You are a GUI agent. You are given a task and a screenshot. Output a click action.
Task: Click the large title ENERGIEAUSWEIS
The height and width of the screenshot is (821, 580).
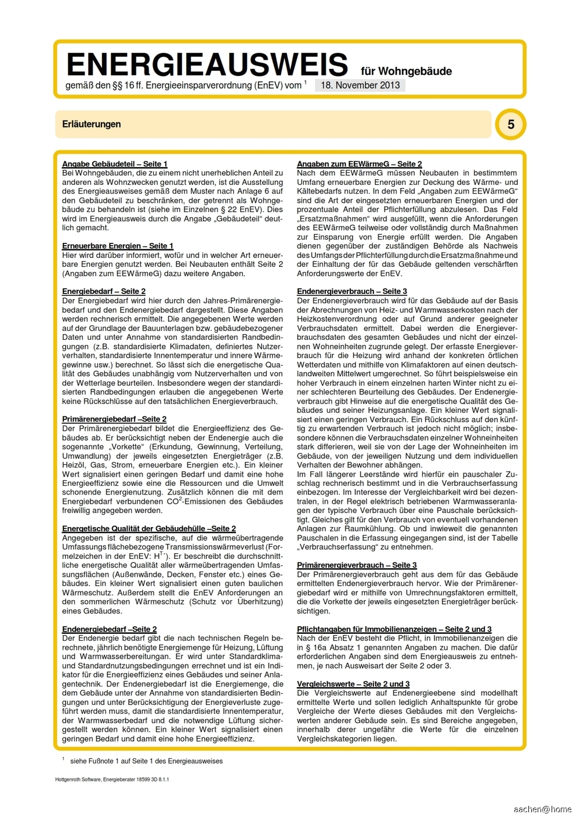click(x=207, y=64)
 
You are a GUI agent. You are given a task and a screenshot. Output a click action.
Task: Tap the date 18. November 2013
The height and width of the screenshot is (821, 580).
click(x=360, y=85)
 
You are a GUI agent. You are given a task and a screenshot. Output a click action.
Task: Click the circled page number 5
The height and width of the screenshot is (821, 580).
click(x=510, y=124)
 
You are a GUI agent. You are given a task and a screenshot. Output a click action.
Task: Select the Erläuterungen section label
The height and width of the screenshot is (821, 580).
click(x=92, y=124)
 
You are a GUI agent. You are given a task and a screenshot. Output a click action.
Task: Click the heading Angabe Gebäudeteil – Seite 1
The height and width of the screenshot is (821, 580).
click(x=115, y=164)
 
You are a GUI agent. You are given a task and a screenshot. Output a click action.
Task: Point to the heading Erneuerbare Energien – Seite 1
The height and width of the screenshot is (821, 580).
click(x=118, y=246)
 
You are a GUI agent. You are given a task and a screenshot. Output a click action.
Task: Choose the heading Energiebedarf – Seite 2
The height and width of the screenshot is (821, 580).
click(x=104, y=291)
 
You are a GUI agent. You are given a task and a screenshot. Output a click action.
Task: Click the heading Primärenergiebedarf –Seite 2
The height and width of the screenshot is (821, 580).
click(x=114, y=419)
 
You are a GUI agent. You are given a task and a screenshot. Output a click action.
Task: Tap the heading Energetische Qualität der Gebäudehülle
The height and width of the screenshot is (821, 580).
click(x=149, y=528)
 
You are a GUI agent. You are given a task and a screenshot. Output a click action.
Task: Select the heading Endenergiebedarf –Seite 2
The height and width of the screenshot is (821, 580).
click(x=110, y=629)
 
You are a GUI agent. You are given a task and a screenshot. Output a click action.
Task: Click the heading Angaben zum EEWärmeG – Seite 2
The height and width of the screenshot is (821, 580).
click(x=360, y=164)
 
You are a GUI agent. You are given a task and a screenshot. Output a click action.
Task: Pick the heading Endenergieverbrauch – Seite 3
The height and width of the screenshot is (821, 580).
click(x=352, y=291)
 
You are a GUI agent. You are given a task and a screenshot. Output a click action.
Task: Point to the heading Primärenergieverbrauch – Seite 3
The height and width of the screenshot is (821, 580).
click(x=357, y=565)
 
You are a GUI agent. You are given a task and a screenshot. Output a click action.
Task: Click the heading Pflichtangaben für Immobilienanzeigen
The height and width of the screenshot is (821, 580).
click(x=394, y=629)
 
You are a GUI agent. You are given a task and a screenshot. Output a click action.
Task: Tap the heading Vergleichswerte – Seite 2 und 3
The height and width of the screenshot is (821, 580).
click(x=353, y=684)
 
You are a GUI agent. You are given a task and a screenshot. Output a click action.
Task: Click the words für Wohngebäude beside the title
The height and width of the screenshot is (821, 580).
click(x=406, y=71)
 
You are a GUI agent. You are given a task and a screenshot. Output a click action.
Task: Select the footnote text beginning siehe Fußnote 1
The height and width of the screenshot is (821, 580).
click(x=146, y=761)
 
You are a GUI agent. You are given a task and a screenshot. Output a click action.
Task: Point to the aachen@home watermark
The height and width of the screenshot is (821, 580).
click(x=542, y=809)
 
